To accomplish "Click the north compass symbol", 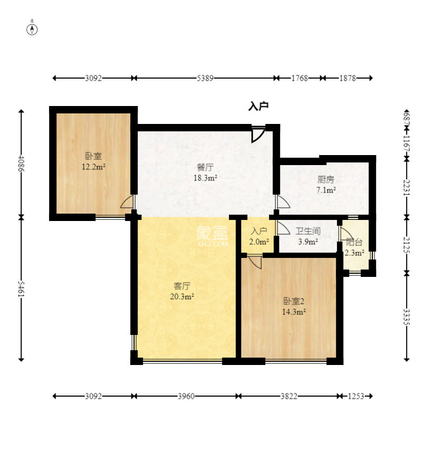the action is point(32,30).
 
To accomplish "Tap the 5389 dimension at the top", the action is point(205,79).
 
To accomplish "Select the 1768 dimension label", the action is point(300,79).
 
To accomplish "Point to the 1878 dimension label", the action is point(347,79).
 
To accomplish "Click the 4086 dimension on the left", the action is point(21,164).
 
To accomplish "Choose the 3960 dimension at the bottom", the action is point(186,397).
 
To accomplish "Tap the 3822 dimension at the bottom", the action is point(289,397).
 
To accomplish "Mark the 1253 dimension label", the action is point(356,397).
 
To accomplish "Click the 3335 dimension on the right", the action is point(407,317).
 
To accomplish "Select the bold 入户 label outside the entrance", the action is point(258,106).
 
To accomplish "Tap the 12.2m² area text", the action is point(93,167).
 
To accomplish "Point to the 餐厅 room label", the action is point(205,167).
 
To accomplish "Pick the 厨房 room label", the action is point(326,180).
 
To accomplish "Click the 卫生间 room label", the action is point(308,231).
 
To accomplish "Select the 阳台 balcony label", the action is point(354,242).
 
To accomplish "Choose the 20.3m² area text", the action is point(182,297).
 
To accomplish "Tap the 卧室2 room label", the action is point(294,301).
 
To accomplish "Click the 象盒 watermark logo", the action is point(213,233).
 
